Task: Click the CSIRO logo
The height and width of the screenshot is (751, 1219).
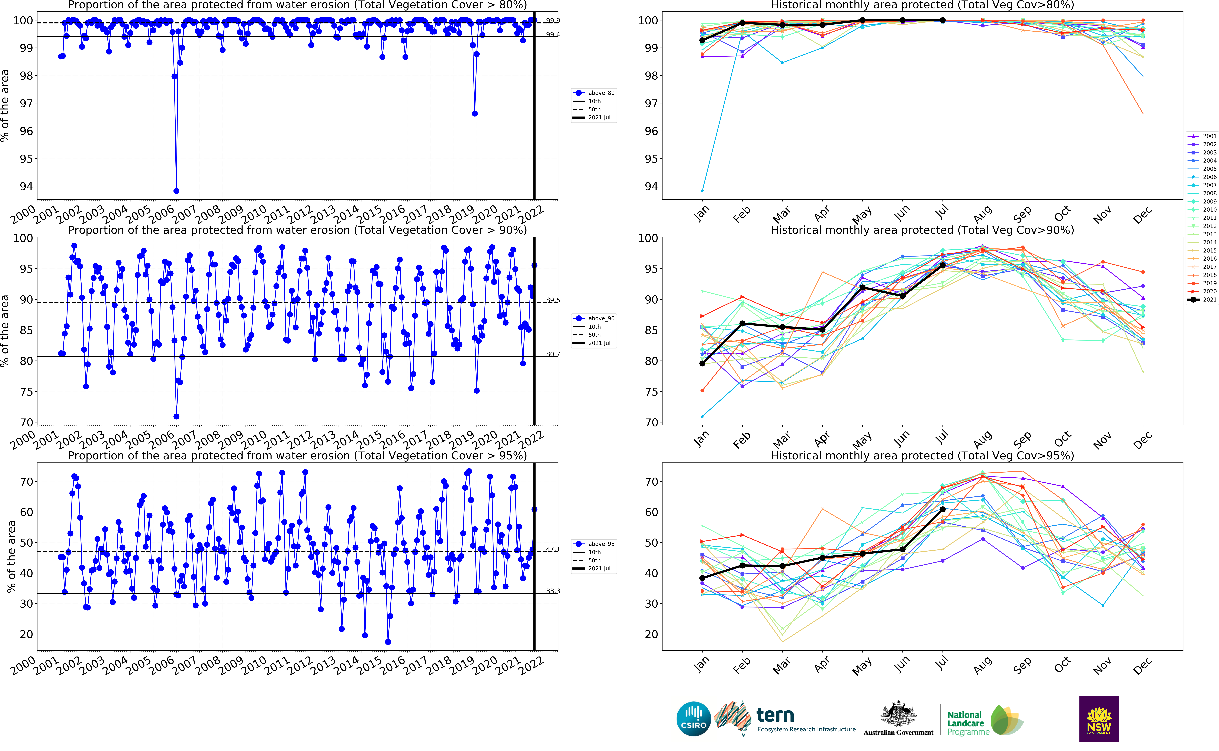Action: (x=693, y=719)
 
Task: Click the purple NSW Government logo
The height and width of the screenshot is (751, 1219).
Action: (x=1099, y=719)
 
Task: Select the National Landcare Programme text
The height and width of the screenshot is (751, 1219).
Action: (x=965, y=723)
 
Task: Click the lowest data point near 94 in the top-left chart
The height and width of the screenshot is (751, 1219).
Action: (x=176, y=191)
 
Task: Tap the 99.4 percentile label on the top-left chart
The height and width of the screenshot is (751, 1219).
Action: (x=552, y=34)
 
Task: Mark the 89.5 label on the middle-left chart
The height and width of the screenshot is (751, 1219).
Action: (x=552, y=300)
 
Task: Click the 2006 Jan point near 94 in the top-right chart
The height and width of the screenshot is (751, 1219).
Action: (x=702, y=191)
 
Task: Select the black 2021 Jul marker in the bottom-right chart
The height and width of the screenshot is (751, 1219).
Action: (x=942, y=510)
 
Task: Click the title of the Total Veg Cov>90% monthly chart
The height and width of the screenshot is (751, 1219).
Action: (x=922, y=230)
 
